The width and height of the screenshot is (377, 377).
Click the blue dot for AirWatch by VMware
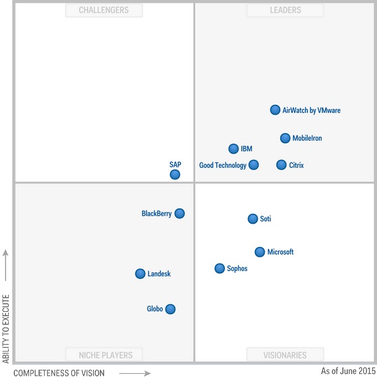(x=275, y=110)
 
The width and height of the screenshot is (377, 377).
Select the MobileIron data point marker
(x=285, y=138)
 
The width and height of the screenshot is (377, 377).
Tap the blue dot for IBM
(x=234, y=149)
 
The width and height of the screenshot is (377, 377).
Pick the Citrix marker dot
(x=282, y=165)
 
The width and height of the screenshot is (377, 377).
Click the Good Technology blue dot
(x=254, y=165)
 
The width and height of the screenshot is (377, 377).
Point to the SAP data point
(x=175, y=175)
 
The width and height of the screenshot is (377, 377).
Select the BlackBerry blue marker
(x=180, y=213)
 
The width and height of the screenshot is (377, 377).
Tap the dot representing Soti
(x=253, y=219)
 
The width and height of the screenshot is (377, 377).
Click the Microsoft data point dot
(x=260, y=252)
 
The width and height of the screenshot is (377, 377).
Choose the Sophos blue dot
(x=220, y=268)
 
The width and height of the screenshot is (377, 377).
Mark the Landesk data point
(x=141, y=273)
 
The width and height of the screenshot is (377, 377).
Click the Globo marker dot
(x=171, y=309)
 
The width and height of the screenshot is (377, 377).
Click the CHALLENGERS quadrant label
(x=104, y=10)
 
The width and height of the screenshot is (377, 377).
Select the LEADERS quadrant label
(x=285, y=10)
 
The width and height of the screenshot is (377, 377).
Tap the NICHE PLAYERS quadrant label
(x=104, y=355)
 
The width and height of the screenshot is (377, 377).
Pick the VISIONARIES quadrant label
(x=285, y=355)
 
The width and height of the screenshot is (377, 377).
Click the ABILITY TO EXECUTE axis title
(x=6, y=329)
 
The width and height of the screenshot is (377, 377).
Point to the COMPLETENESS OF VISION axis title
(x=59, y=373)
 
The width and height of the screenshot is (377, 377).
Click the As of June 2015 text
(x=348, y=371)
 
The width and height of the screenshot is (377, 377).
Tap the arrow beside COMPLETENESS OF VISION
(x=135, y=373)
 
